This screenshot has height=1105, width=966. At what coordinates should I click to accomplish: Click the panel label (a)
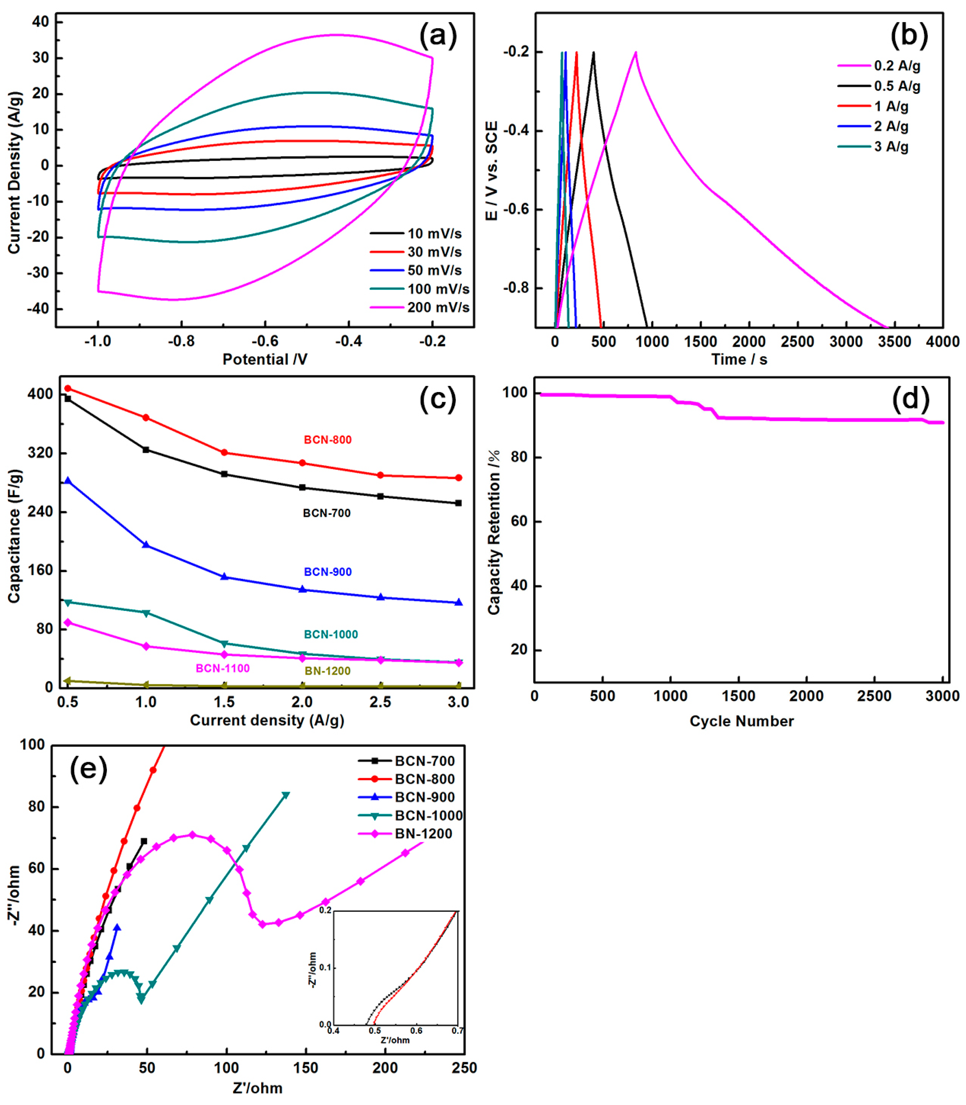pos(438,36)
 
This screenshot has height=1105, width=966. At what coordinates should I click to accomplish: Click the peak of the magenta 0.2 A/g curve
pos(636,52)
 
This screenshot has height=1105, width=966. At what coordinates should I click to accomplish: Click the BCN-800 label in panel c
pos(327,440)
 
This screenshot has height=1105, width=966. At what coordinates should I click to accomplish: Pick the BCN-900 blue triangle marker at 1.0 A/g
pos(146,545)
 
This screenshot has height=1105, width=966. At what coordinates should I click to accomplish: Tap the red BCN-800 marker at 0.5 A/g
pos(68,388)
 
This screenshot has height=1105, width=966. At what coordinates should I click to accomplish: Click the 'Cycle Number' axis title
pos(741,721)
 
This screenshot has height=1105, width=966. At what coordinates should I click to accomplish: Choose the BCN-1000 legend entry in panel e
pos(428,816)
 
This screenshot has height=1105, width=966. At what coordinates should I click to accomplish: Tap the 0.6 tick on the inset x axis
pos(416,1031)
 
